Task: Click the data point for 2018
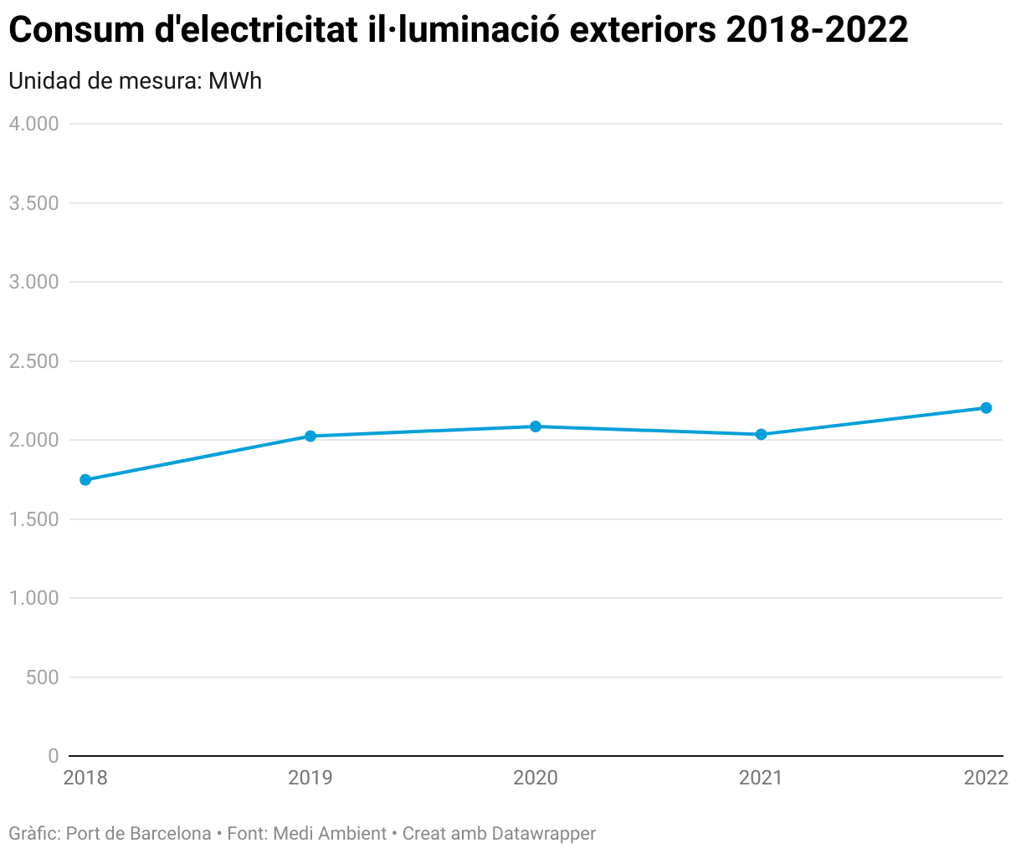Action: [85, 480]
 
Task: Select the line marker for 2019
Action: [310, 437]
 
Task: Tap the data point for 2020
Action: [536, 426]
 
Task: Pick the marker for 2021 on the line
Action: [761, 435]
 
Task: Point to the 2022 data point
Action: [986, 408]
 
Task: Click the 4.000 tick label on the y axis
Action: [33, 125]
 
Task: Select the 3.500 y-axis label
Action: [33, 203]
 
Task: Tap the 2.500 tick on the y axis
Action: [33, 361]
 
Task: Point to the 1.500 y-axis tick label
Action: [33, 519]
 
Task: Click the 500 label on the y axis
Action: [42, 677]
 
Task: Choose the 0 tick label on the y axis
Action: [54, 756]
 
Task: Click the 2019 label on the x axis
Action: [310, 779]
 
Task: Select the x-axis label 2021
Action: [761, 779]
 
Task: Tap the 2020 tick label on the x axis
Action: [536, 779]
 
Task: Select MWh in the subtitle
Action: [235, 81]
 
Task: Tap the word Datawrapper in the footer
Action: [544, 834]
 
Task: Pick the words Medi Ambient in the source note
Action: [330, 834]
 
